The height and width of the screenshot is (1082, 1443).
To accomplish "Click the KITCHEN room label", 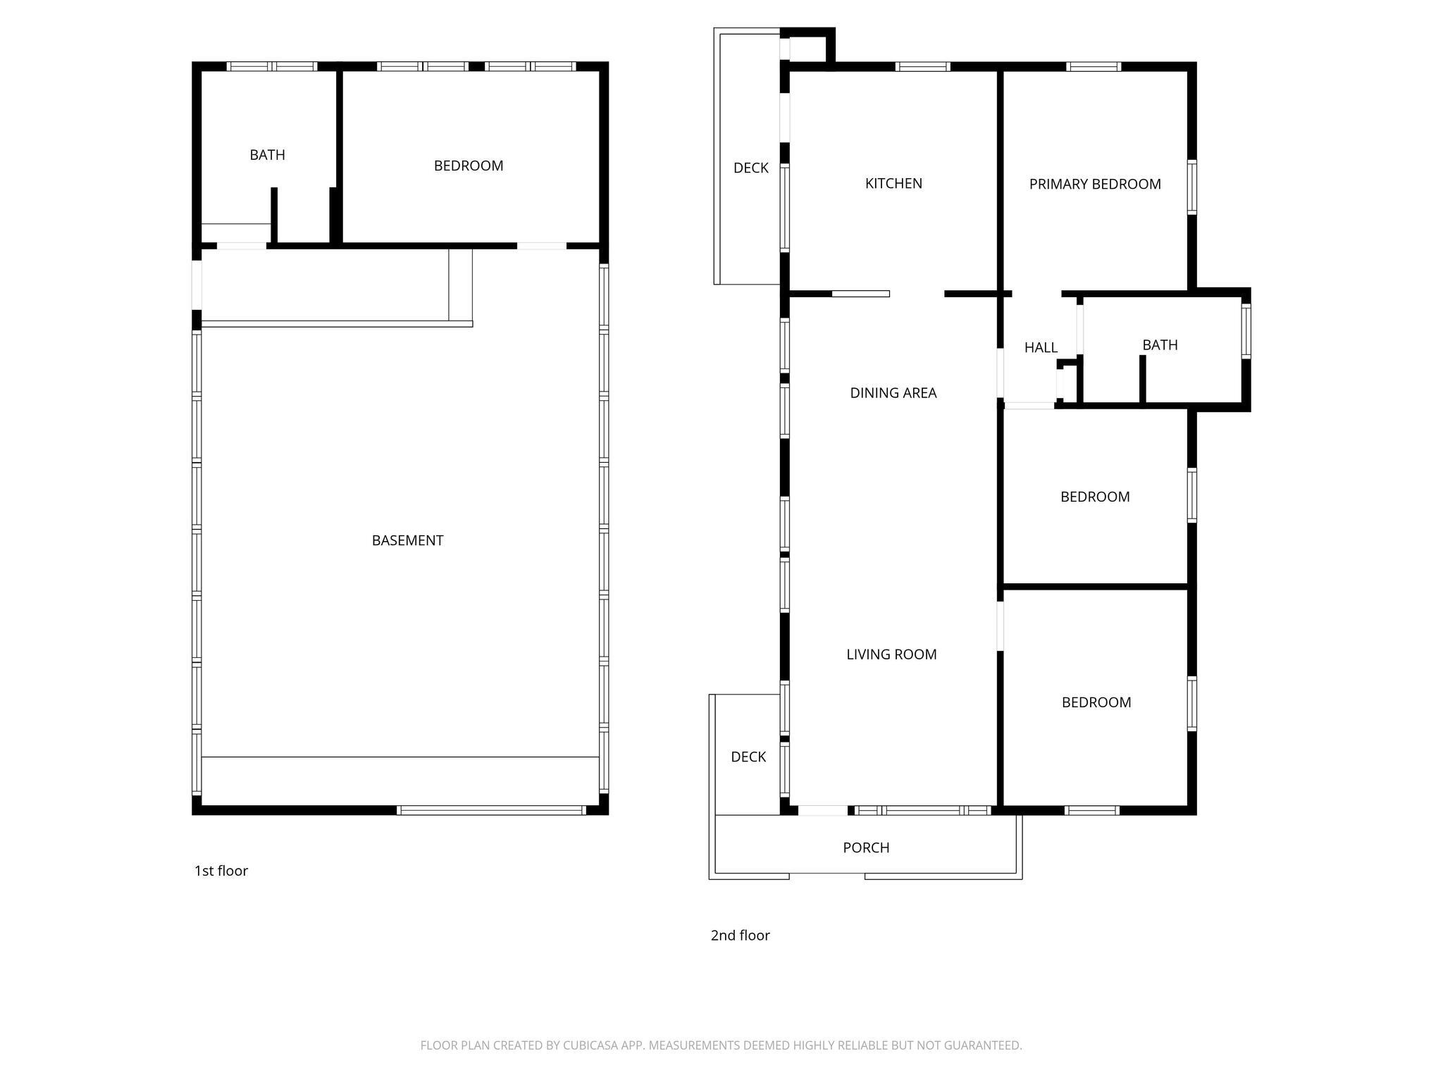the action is pyautogui.click(x=893, y=183).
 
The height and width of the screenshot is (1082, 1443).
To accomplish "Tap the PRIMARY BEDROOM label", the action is pyautogui.click(x=1095, y=184).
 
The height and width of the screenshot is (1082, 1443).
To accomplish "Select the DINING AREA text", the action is pyautogui.click(x=893, y=393).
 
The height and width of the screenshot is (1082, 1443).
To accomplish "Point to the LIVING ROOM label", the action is pyautogui.click(x=891, y=654).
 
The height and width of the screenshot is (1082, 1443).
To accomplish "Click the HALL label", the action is pyautogui.click(x=1041, y=347).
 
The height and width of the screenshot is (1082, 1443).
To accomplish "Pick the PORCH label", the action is pyautogui.click(x=866, y=847).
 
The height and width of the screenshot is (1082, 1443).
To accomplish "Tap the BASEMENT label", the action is pyautogui.click(x=407, y=540).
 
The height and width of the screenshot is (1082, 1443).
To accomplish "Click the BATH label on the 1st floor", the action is pyautogui.click(x=267, y=155).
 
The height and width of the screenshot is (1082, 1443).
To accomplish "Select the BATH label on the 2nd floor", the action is pyautogui.click(x=1160, y=345).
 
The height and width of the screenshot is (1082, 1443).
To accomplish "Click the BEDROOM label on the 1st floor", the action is pyautogui.click(x=469, y=166).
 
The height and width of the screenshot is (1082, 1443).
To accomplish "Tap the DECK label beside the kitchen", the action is pyautogui.click(x=751, y=168).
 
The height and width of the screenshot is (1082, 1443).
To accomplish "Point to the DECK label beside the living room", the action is pyautogui.click(x=748, y=757).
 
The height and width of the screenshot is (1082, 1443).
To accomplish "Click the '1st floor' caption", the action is pyautogui.click(x=221, y=871).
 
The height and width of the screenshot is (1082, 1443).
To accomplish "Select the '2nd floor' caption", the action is pyautogui.click(x=740, y=935).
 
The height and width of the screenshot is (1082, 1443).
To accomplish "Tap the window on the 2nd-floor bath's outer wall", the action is pyautogui.click(x=1246, y=330).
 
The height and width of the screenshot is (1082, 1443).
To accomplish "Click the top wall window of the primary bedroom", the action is pyautogui.click(x=1093, y=67).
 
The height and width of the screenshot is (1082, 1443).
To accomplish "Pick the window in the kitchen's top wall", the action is pyautogui.click(x=922, y=67).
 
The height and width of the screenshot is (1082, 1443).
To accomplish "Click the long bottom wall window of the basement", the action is pyautogui.click(x=491, y=810).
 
